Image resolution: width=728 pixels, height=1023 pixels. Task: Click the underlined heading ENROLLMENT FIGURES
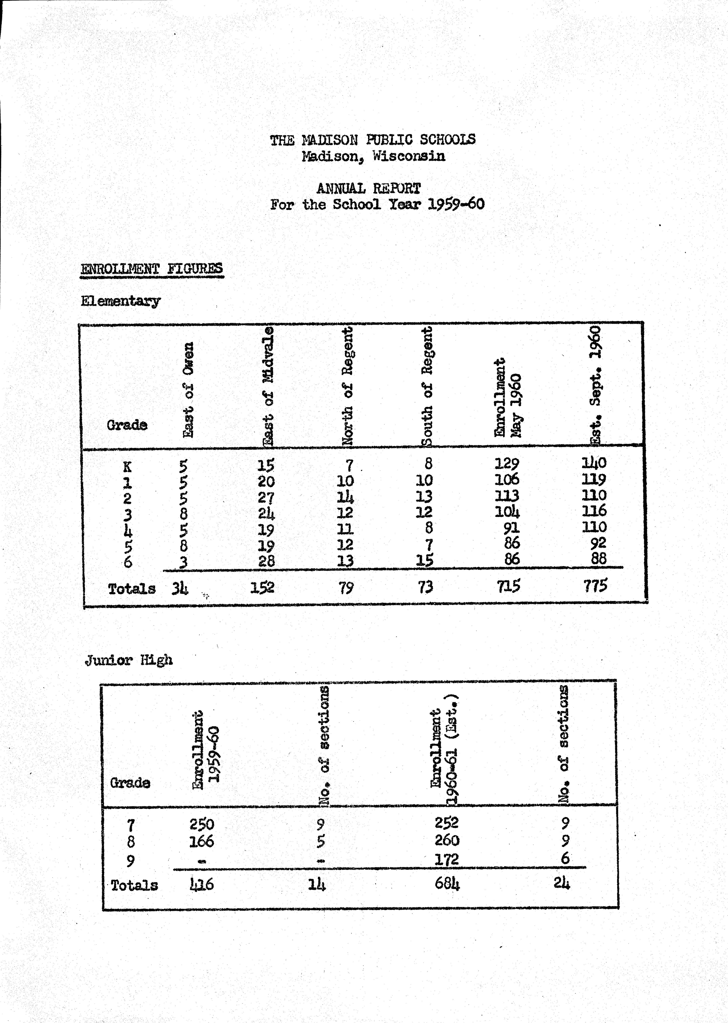[152, 269]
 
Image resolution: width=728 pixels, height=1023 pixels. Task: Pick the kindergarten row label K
[127, 467]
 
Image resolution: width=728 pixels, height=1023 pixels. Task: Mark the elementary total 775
[595, 585]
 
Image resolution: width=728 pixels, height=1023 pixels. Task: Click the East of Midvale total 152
[262, 587]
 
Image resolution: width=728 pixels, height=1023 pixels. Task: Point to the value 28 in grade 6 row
[266, 561]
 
